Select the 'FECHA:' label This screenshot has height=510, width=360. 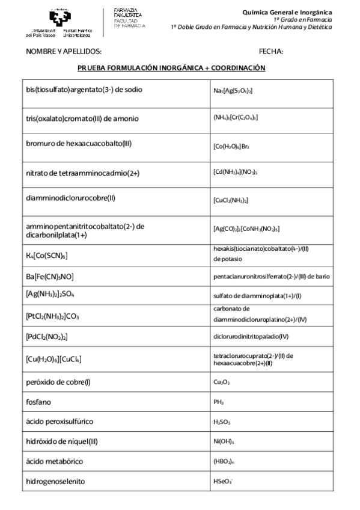pyautogui.click(x=270, y=52)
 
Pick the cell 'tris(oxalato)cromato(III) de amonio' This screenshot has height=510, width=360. pyautogui.click(x=82, y=118)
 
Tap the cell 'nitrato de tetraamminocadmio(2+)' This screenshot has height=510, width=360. pyautogui.click(x=82, y=173)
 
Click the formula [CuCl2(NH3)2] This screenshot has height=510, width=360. pyautogui.click(x=230, y=200)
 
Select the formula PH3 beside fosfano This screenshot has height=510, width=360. pyautogui.click(x=218, y=402)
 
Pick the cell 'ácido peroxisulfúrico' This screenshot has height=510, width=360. pyautogui.click(x=59, y=421)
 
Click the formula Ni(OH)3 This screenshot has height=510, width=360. pyautogui.click(x=223, y=441)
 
